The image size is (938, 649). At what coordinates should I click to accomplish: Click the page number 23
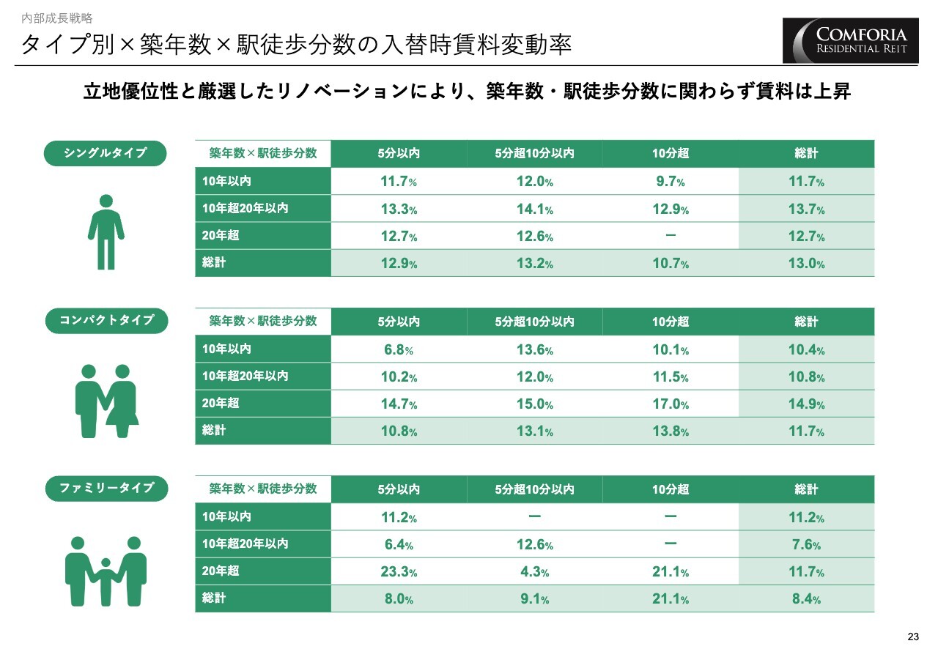(912, 635)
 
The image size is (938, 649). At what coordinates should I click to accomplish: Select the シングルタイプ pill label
(106, 153)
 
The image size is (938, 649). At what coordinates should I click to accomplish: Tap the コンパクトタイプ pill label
(106, 321)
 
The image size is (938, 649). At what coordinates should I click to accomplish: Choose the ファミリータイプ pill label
(106, 488)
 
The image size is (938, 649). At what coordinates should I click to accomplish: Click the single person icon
(106, 232)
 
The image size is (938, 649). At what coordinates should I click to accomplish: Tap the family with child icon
(106, 571)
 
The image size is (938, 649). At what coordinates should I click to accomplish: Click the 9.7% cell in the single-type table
(671, 182)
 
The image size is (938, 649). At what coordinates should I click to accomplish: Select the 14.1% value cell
(534, 209)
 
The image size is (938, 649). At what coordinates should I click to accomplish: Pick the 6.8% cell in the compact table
(399, 349)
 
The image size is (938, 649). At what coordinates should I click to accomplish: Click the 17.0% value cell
(671, 404)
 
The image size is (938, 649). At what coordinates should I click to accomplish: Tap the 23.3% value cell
(399, 572)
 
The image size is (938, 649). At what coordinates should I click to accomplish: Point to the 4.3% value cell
(534, 572)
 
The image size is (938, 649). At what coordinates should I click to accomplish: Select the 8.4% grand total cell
(806, 599)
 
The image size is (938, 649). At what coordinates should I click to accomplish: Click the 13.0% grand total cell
(806, 264)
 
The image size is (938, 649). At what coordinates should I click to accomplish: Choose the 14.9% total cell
(806, 404)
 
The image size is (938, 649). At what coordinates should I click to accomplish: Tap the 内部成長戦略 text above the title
(57, 18)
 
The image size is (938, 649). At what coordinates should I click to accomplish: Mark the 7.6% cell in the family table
(806, 545)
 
